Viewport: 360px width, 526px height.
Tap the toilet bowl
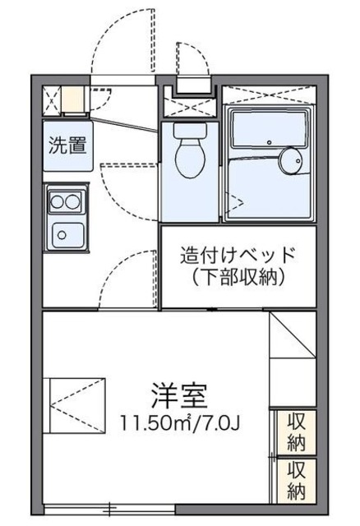click(x=188, y=160)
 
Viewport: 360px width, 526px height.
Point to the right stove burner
click(x=73, y=201)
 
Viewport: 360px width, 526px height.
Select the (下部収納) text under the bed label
click(x=237, y=278)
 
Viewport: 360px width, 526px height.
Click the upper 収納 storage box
click(x=295, y=432)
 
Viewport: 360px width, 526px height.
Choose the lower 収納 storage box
click(x=295, y=480)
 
